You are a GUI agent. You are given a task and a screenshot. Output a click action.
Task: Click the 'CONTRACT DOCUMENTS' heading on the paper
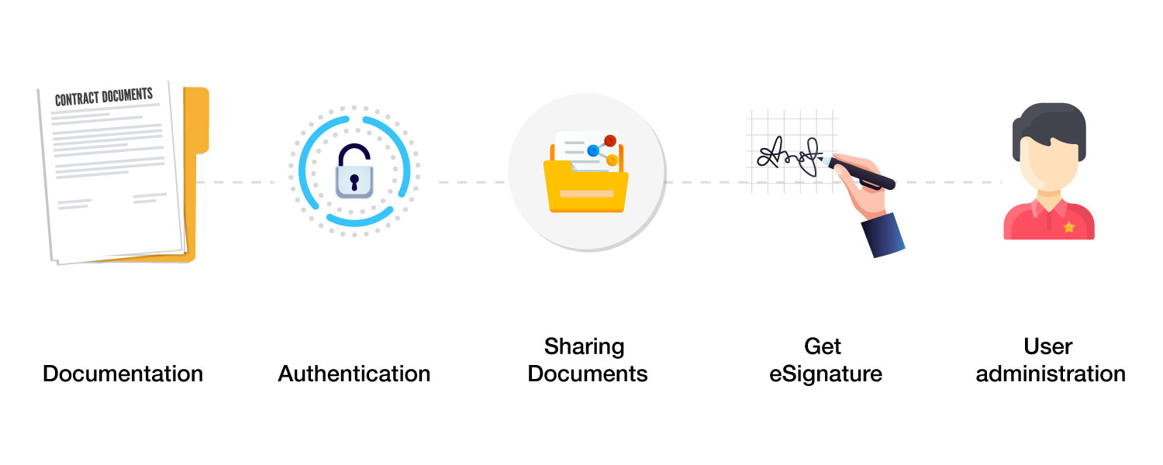point(104,97)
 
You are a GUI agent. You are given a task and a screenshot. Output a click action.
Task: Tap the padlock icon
point(354,171)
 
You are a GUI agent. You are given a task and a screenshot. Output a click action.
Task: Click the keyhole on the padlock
point(354,182)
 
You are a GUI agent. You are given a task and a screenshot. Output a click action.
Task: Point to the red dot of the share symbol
point(610,140)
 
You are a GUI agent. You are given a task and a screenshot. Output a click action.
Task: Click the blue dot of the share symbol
point(593,151)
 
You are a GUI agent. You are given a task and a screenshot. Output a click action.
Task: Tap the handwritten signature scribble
point(789,157)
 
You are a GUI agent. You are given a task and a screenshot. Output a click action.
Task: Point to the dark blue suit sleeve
point(883,235)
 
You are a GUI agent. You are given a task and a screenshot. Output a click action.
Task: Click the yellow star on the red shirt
point(1069,227)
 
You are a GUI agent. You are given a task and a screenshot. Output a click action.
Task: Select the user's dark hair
point(1049,128)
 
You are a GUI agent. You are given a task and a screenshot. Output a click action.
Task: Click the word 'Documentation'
point(123,374)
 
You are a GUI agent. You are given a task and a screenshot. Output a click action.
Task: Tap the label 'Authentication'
point(354,374)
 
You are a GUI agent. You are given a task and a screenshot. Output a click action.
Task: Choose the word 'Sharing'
point(584,347)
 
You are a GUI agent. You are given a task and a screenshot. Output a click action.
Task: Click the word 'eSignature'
point(826,374)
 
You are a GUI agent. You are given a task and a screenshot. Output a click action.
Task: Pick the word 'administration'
point(1051,374)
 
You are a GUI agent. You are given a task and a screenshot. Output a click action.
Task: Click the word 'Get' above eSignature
point(823,346)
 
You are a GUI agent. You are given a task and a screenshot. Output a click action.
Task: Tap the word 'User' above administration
point(1047,346)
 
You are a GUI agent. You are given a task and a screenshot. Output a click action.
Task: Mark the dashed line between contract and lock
point(235,182)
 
